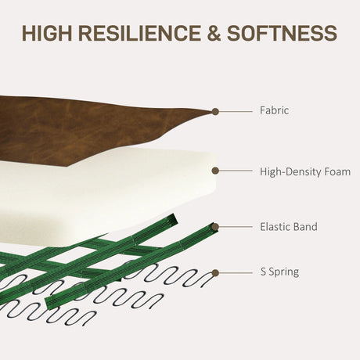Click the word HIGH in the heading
point(47,33)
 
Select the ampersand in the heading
point(214,33)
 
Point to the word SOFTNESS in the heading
point(282,33)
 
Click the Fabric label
point(274,110)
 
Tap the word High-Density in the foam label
point(290,172)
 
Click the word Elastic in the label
point(275,226)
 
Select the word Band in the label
point(305,226)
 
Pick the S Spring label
point(279,272)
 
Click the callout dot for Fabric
point(215,112)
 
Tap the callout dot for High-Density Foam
point(215,171)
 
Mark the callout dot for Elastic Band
point(215,227)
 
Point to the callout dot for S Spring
point(215,273)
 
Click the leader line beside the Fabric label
point(236,112)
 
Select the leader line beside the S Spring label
point(236,273)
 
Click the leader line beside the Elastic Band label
point(236,227)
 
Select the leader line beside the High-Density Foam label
point(236,171)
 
